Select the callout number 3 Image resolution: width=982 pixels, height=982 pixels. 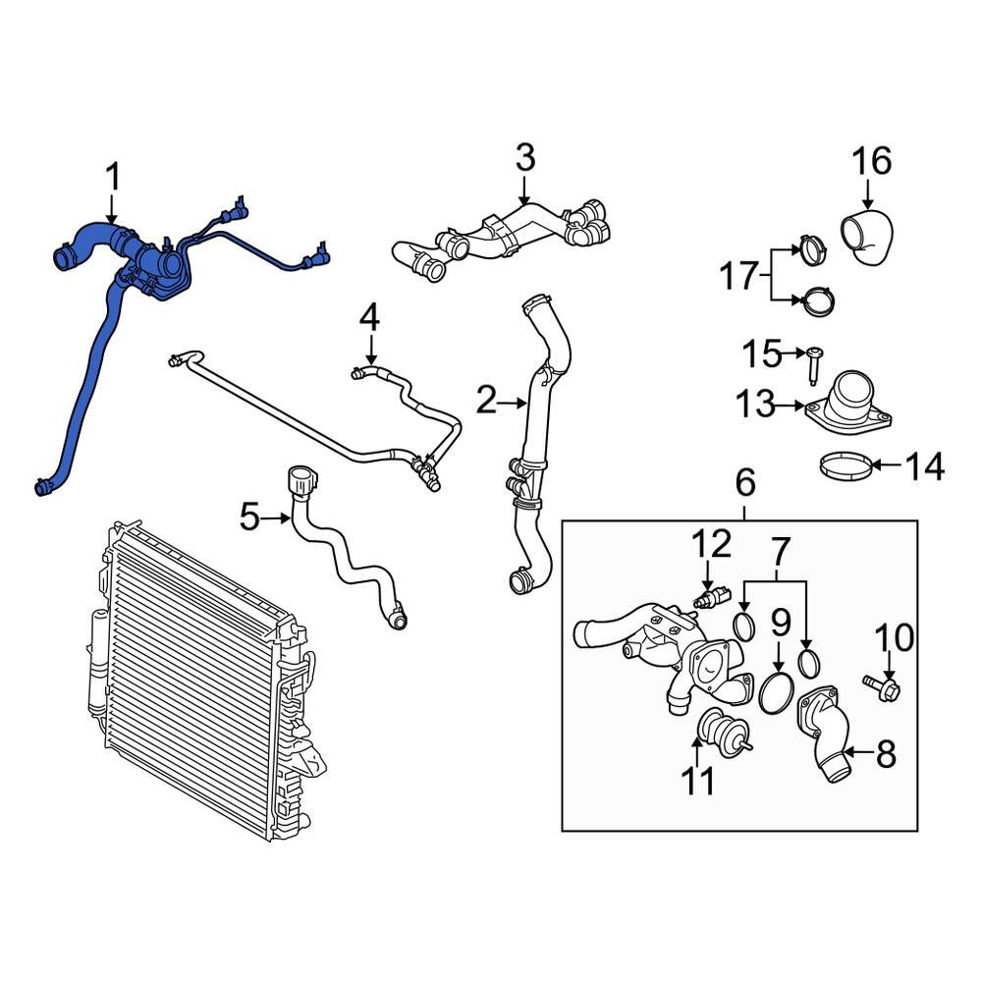click(x=524, y=157)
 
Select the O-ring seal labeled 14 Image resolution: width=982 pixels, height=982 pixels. click(x=846, y=465)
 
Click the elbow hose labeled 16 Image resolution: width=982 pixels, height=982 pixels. click(x=865, y=239)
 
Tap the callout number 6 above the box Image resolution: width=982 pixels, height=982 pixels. click(x=744, y=482)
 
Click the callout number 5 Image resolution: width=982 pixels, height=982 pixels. click(x=251, y=516)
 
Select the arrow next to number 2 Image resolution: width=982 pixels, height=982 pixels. click(x=517, y=401)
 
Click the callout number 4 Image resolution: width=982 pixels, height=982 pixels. click(x=368, y=317)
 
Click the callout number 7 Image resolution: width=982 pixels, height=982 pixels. click(x=779, y=553)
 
